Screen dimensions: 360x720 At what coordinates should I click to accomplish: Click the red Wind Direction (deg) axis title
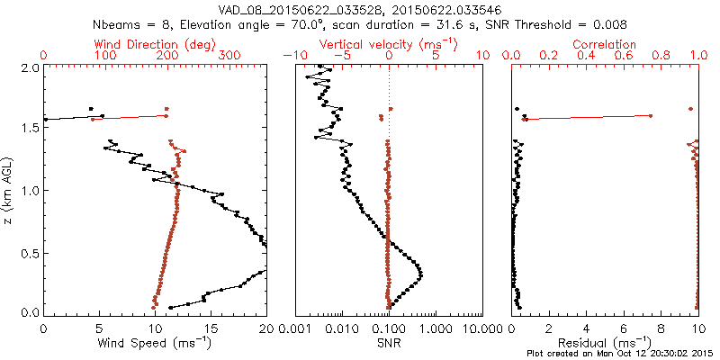(x=155, y=44)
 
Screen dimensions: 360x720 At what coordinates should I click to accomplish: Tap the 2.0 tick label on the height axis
(x=29, y=67)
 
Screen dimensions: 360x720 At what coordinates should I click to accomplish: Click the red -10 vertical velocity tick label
(x=292, y=56)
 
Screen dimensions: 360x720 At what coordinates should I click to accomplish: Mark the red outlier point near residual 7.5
(x=651, y=115)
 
